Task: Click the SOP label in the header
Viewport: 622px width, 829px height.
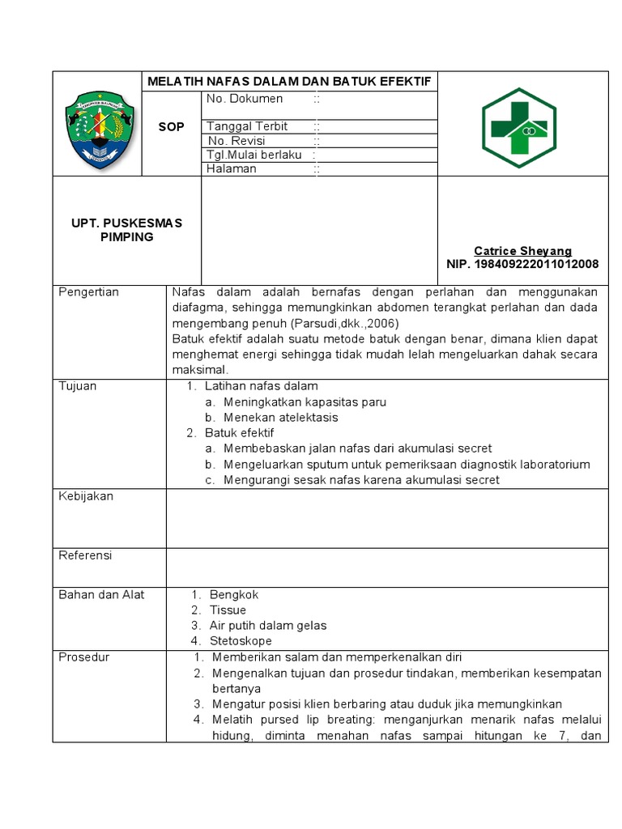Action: pyautogui.click(x=171, y=127)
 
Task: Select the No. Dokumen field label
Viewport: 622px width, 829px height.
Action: pyautogui.click(x=245, y=99)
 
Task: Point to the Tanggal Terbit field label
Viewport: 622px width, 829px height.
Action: pyautogui.click(x=247, y=126)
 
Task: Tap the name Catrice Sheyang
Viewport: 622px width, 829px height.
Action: pyautogui.click(x=522, y=251)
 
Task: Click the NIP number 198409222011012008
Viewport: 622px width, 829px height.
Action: pyautogui.click(x=522, y=264)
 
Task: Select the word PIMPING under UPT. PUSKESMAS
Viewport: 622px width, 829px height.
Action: pyautogui.click(x=126, y=237)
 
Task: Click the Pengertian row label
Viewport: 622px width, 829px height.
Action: pyautogui.click(x=89, y=291)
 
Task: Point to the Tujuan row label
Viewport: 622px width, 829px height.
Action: pyautogui.click(x=78, y=386)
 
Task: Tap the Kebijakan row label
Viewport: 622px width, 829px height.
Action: pyautogui.click(x=86, y=495)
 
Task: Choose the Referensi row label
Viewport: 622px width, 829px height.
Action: pyautogui.click(x=85, y=555)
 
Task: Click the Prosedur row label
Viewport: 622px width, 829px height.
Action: pyautogui.click(x=83, y=657)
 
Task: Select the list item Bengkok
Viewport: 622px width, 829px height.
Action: pyautogui.click(x=233, y=594)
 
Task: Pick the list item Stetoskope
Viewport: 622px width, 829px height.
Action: pyautogui.click(x=241, y=640)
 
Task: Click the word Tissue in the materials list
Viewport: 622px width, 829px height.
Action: pyautogui.click(x=228, y=610)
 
